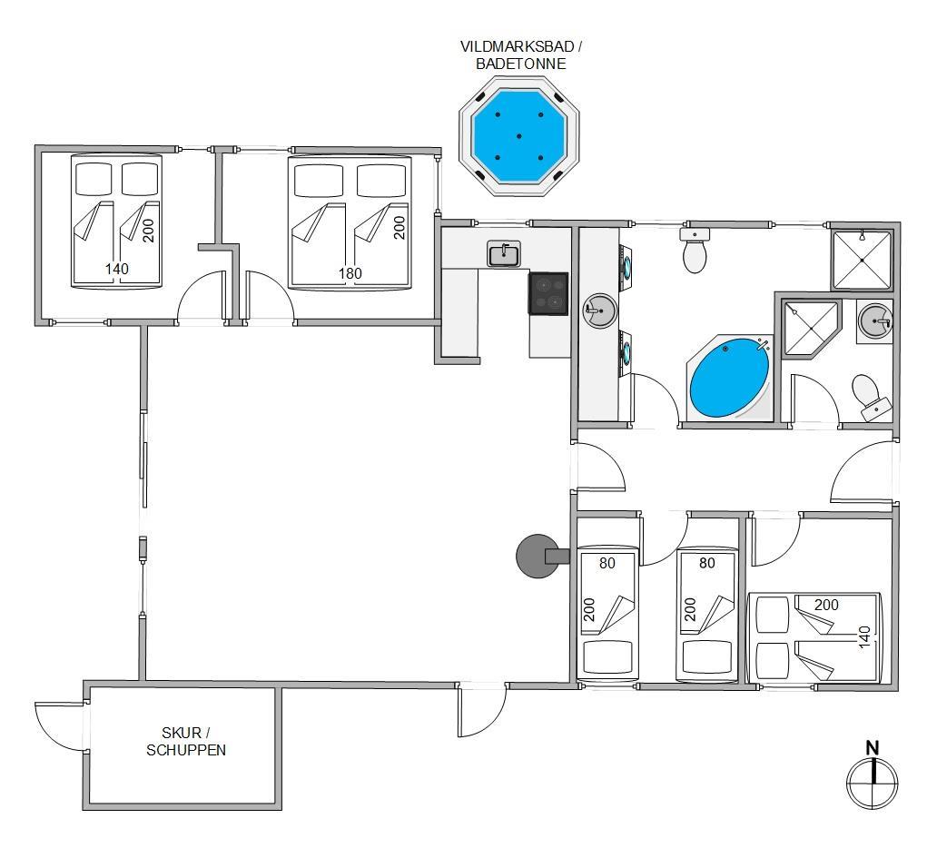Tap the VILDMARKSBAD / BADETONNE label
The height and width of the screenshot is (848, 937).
pyautogui.click(x=520, y=55)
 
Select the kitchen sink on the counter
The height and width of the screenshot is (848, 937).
pyautogui.click(x=504, y=254)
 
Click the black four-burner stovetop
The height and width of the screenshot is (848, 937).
pyautogui.click(x=548, y=293)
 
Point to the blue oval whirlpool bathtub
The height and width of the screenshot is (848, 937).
pyautogui.click(x=729, y=378)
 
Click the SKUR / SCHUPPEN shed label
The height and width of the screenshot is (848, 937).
pyautogui.click(x=186, y=741)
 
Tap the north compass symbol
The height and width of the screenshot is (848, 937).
pyautogui.click(x=873, y=775)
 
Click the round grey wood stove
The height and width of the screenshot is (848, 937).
pyautogui.click(x=538, y=557)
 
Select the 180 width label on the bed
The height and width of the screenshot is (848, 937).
pyautogui.click(x=350, y=273)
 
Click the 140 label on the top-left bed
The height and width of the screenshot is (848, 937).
pyautogui.click(x=116, y=269)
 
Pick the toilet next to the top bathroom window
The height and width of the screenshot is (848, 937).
pyautogui.click(x=695, y=250)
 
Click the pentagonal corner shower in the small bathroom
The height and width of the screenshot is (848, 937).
pyautogui.click(x=810, y=329)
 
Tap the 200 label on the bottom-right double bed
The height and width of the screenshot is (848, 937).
pyautogui.click(x=826, y=605)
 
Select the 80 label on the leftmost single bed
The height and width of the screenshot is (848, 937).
pyautogui.click(x=607, y=563)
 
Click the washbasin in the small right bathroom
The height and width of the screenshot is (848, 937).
pyautogui.click(x=874, y=321)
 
